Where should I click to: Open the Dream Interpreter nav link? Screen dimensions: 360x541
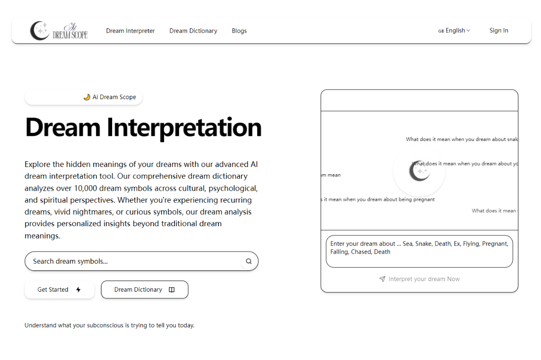(x=130, y=31)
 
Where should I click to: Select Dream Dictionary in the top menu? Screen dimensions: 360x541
(x=193, y=31)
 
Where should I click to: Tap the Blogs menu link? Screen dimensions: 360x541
(x=239, y=31)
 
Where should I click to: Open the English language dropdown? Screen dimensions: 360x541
(x=454, y=30)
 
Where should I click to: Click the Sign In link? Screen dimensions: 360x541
(x=499, y=30)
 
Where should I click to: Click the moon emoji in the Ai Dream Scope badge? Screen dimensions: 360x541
(x=87, y=97)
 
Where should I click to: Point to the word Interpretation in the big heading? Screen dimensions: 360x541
(x=184, y=128)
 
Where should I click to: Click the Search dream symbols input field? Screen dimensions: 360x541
(x=132, y=261)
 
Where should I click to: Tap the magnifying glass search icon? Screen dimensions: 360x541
(x=249, y=261)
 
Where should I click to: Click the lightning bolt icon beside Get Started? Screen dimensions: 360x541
(x=78, y=290)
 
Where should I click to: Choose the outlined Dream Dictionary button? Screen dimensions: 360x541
(x=144, y=290)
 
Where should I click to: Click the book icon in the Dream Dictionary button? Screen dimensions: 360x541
(x=172, y=290)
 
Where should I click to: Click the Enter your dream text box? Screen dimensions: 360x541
(x=419, y=251)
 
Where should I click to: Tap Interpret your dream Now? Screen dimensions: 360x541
(x=424, y=279)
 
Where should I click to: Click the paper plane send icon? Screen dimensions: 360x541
(x=382, y=279)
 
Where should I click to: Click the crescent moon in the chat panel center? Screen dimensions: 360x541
(x=419, y=171)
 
